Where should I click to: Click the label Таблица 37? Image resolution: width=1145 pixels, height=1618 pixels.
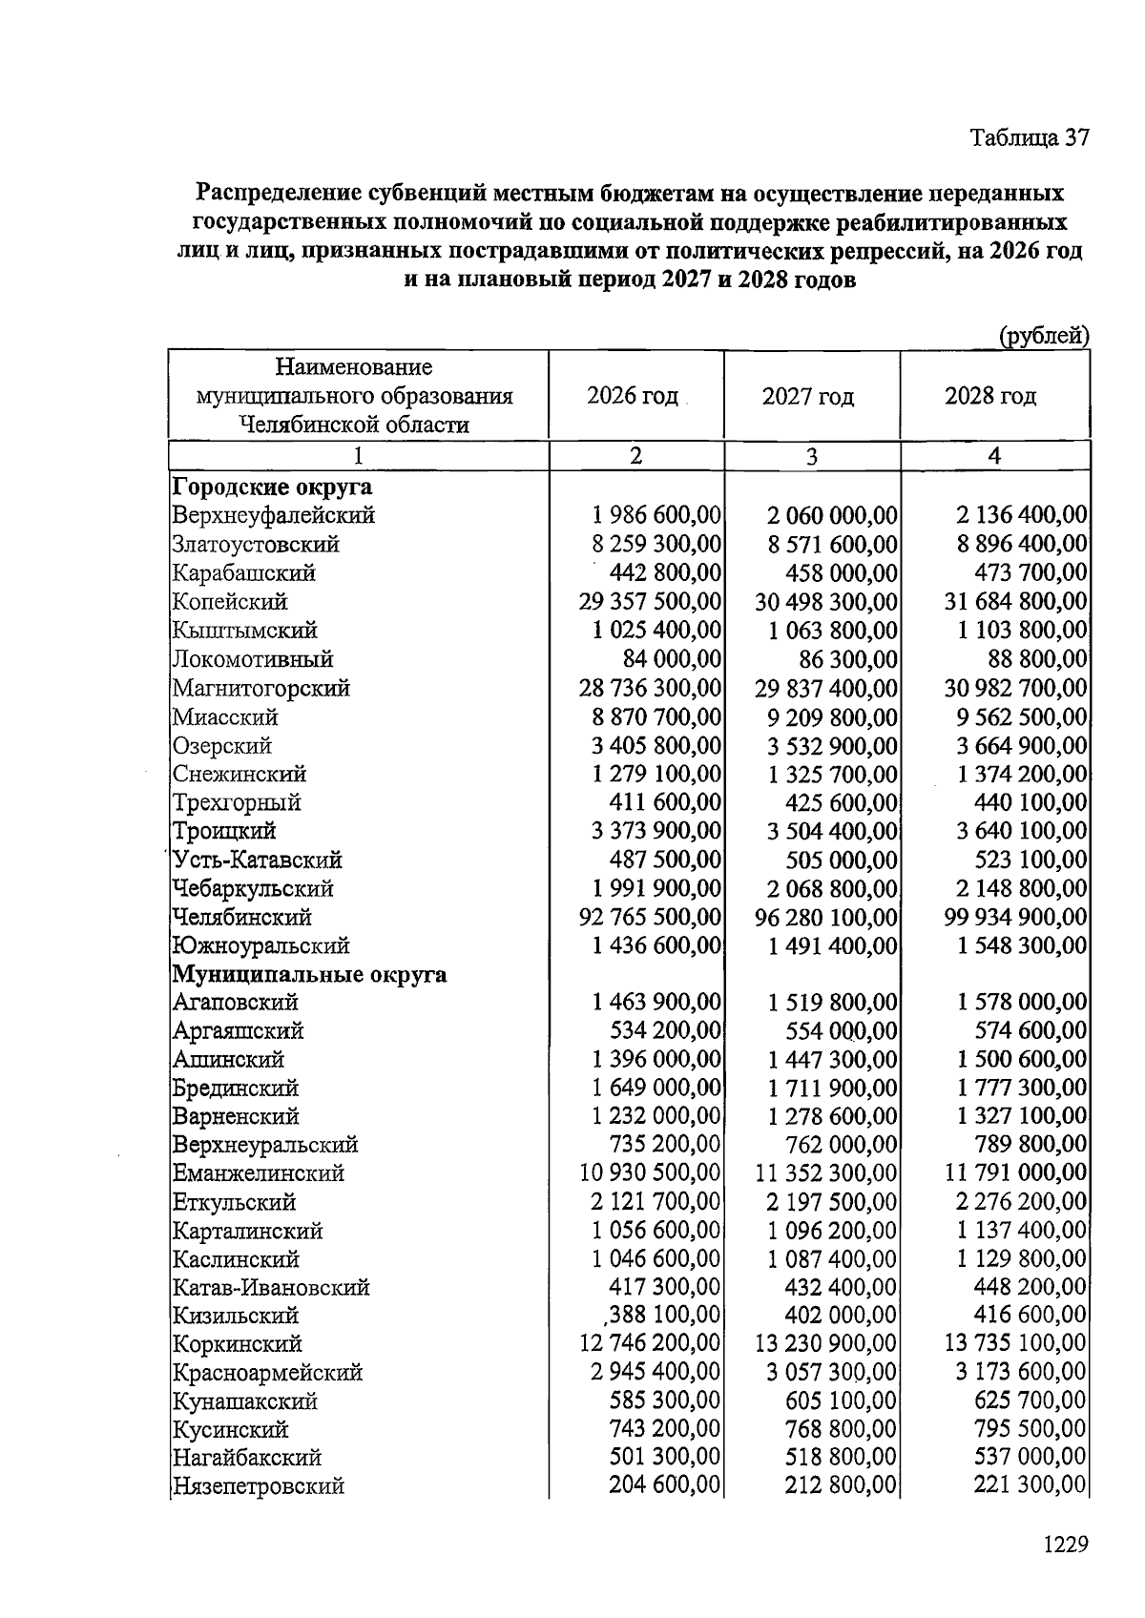point(1029,137)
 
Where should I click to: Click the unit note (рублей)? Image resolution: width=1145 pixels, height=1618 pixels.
point(1043,335)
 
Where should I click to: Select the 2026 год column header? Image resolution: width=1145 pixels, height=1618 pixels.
point(633,395)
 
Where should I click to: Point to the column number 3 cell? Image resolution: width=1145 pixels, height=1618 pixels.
point(811,457)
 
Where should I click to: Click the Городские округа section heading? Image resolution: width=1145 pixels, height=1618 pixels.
point(272,487)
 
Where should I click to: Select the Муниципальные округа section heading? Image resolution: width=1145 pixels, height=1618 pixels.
point(309,974)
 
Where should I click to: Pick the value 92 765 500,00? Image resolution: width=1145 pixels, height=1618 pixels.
point(650,917)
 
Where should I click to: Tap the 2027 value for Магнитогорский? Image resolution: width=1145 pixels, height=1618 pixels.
point(826,688)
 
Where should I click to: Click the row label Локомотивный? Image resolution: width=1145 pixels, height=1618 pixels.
point(252,659)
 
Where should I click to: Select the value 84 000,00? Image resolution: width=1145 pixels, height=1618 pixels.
point(672,659)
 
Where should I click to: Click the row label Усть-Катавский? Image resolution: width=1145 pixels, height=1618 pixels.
point(257,860)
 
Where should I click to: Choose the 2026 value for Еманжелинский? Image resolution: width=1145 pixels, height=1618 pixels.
point(650,1172)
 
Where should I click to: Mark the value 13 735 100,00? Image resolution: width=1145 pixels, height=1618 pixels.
point(1015,1343)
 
